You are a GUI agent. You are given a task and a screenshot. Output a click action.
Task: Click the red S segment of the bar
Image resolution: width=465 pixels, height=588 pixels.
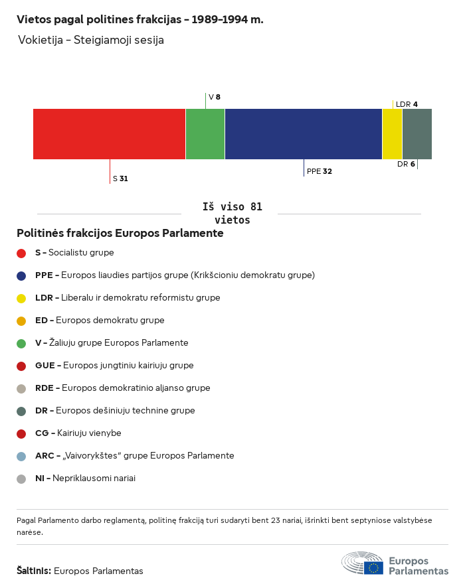(109, 134)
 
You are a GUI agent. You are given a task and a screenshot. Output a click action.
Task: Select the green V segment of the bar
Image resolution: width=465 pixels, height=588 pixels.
(205, 134)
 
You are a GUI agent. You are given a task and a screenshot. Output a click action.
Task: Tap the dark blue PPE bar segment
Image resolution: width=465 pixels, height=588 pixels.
(304, 134)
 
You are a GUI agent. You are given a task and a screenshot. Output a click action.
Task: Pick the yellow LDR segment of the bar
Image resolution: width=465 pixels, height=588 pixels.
(393, 134)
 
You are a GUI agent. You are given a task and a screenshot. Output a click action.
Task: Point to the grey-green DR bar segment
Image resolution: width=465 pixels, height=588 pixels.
(417, 134)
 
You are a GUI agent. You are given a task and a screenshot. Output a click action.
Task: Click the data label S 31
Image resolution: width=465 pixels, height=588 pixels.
(120, 179)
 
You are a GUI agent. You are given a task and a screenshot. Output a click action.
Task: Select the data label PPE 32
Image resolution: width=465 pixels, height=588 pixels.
(319, 171)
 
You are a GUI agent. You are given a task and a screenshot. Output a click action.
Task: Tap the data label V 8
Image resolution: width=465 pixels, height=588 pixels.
(215, 97)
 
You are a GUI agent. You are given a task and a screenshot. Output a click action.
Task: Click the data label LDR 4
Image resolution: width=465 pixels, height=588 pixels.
(407, 104)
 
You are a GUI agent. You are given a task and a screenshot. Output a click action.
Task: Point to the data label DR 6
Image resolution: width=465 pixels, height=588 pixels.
(406, 164)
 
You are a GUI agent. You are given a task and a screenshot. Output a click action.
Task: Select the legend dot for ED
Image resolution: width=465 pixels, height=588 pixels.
(21, 321)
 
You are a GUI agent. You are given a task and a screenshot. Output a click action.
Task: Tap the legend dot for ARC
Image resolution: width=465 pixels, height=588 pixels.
(21, 456)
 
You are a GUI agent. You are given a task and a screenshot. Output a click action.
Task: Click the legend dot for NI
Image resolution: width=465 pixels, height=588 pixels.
(21, 478)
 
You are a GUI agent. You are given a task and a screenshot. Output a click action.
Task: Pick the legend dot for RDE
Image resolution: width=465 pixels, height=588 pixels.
(21, 388)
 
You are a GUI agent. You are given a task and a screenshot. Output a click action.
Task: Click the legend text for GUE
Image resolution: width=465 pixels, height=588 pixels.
(114, 366)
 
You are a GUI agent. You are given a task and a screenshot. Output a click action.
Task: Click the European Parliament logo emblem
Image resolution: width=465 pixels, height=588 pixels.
(363, 563)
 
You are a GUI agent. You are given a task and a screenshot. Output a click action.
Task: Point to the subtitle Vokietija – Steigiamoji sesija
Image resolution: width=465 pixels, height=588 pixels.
(91, 40)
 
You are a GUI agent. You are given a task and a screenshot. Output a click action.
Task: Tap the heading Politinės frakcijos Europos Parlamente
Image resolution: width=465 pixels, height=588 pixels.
(120, 234)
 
